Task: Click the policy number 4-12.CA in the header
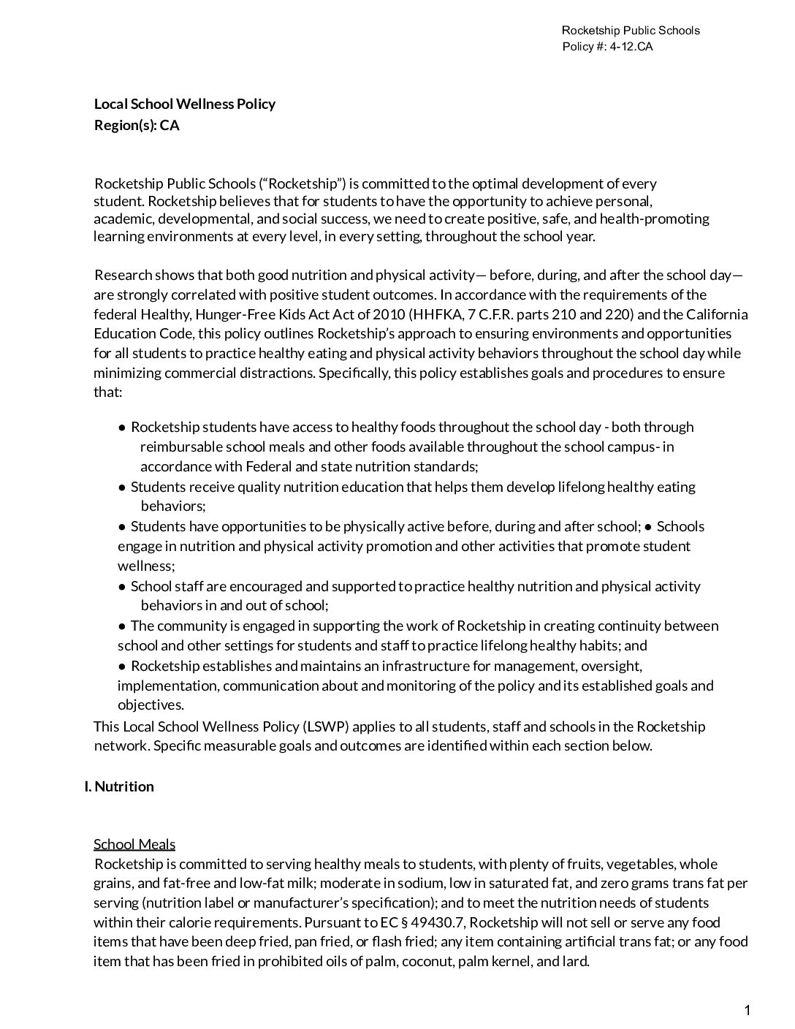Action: (630, 47)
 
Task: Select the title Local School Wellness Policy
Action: (185, 104)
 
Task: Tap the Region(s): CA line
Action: (137, 125)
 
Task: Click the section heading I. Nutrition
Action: (119, 786)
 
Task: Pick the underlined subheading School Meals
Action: (134, 845)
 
